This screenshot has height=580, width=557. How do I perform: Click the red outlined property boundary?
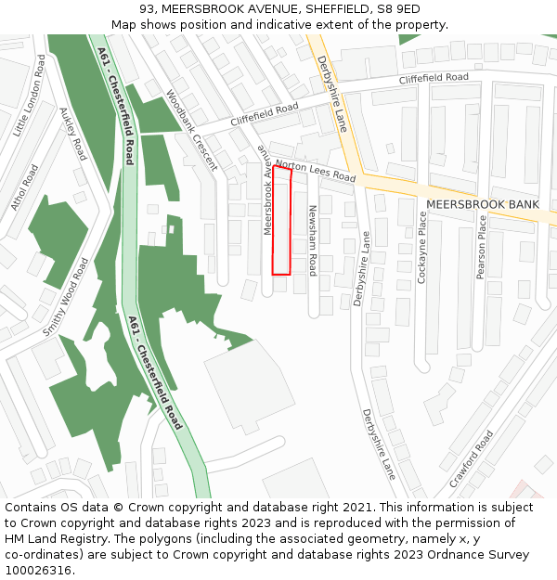pos(281,221)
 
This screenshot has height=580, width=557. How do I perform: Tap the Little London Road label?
pos(30,96)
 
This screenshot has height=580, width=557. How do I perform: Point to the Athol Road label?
pos(25,187)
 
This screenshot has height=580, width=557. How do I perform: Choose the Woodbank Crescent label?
pos(190,130)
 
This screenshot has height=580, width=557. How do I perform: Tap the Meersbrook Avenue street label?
pos(266,190)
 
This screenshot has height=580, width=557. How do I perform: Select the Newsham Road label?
pos(313,240)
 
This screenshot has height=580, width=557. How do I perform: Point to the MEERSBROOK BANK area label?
pos(482,204)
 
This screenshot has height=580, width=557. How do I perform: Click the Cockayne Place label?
pos(422,247)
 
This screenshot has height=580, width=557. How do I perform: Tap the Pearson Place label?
pos(481,247)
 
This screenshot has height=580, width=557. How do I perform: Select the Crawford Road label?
pos(471,458)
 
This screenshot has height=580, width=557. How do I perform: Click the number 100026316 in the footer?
pos(38,571)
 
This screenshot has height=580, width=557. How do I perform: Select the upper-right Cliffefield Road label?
pos(434,79)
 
